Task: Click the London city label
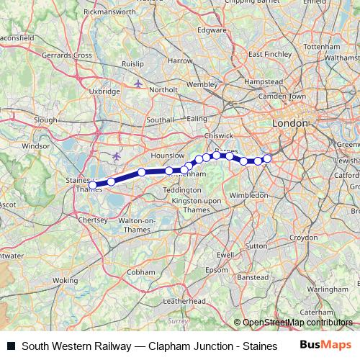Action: tap(289, 124)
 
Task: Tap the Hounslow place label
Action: tap(169, 156)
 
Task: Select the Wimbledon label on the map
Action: tap(249, 194)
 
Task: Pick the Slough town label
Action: tap(45, 120)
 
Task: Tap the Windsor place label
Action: tap(35, 145)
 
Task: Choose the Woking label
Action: tap(66, 279)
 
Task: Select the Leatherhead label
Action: tap(184, 300)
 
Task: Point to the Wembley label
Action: tap(202, 84)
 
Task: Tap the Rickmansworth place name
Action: tap(109, 12)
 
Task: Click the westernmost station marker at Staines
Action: tap(93, 185)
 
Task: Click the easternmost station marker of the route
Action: tap(267, 158)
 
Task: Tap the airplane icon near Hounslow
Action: tap(117, 155)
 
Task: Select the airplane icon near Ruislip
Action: tap(138, 84)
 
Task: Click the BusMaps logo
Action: tap(325, 345)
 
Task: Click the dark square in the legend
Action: tap(10, 346)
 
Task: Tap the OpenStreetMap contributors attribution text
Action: tap(296, 322)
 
